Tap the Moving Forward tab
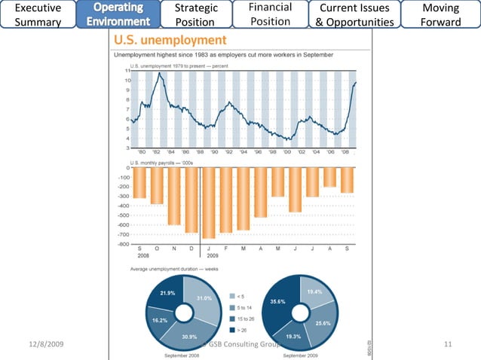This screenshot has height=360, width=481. [441, 14]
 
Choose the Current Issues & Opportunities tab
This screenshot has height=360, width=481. [354, 14]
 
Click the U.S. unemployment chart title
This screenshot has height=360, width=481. [169, 39]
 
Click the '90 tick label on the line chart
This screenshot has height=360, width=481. [213, 151]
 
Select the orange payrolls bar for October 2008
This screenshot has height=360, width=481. [157, 185]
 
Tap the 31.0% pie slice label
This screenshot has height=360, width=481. [204, 298]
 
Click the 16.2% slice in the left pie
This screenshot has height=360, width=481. [160, 319]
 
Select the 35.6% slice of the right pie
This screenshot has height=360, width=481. [277, 301]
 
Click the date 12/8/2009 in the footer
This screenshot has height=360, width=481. [46, 344]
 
